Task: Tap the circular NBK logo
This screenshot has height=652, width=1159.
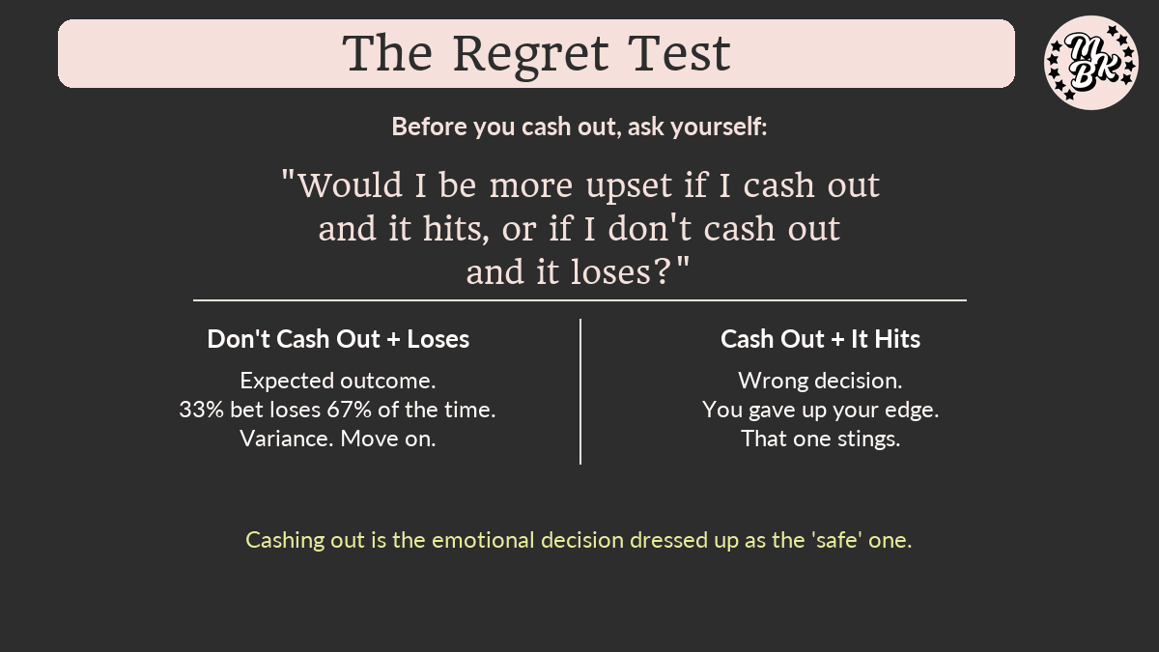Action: pos(1091,63)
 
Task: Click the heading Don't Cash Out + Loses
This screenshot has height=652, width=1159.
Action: pos(338,339)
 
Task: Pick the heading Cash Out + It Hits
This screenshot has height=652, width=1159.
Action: pos(821,339)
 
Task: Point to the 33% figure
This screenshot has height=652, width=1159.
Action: pos(201,410)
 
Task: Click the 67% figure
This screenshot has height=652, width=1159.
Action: pos(349,410)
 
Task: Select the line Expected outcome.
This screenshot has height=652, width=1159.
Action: pos(338,382)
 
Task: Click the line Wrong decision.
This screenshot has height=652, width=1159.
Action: pos(821,381)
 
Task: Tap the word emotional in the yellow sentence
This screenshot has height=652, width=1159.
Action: pos(483,540)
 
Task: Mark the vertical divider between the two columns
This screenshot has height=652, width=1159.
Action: pos(580,391)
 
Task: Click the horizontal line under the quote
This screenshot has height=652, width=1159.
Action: pos(580,300)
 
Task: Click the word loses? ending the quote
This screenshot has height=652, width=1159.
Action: pos(630,272)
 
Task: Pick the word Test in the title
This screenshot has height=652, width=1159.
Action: pos(679,53)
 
